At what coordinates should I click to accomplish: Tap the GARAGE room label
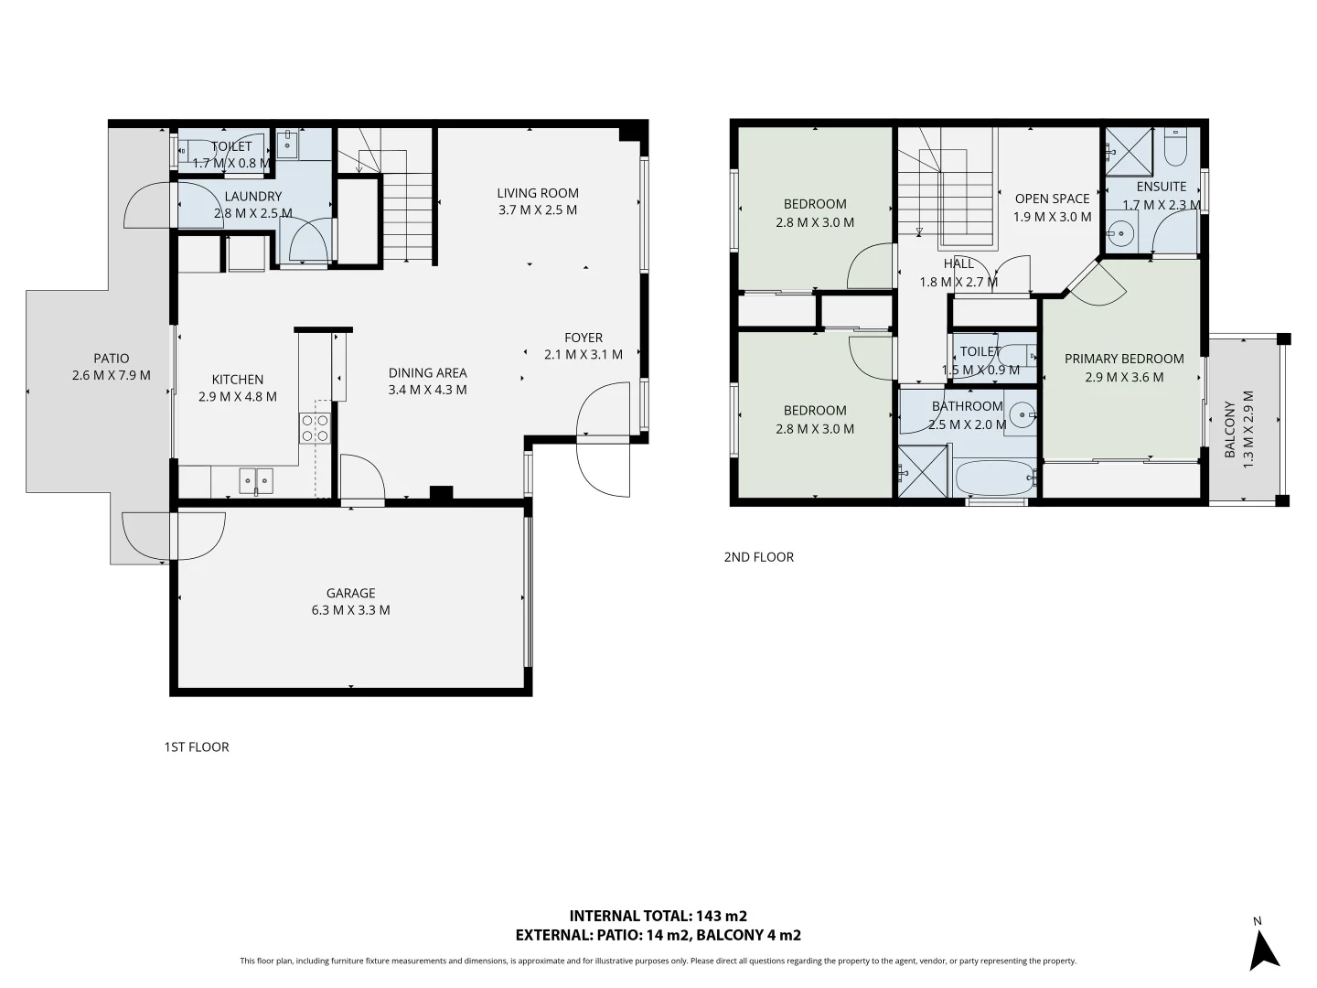point(350,593)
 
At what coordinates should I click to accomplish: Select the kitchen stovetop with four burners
point(315,428)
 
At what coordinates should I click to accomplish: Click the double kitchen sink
point(256,479)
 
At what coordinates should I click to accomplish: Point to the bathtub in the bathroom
point(994,477)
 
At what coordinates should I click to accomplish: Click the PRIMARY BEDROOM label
point(1124,359)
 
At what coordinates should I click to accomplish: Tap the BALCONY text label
point(1230,429)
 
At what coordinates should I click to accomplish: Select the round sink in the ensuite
point(1120,230)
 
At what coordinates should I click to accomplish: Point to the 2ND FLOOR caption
point(758,557)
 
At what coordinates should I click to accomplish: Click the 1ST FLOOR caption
point(197,747)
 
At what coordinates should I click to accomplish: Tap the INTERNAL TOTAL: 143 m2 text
point(658,916)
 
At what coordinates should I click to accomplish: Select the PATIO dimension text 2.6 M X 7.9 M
point(111,375)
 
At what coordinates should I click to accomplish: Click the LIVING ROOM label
point(538,193)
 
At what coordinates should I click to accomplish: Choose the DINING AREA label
point(427,372)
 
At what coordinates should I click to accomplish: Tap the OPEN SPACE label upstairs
point(1052,199)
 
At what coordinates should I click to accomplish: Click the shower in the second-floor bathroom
point(922,472)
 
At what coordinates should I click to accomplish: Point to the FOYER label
point(584,338)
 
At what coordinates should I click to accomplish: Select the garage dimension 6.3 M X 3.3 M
point(350,610)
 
